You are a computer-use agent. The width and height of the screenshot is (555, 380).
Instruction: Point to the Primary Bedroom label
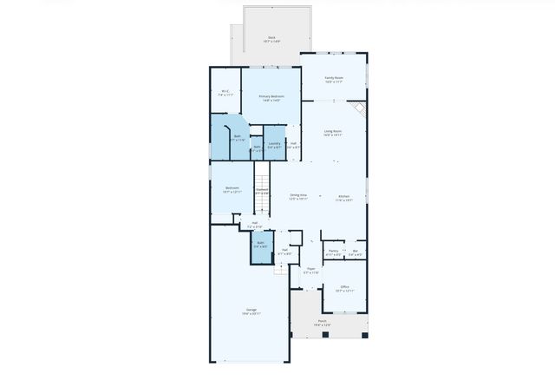tap(271, 97)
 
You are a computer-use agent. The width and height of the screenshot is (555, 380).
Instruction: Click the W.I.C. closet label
tap(225, 92)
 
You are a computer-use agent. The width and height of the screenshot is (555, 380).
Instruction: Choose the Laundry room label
tap(274, 145)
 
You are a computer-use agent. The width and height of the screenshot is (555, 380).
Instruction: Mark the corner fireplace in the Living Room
tap(360, 111)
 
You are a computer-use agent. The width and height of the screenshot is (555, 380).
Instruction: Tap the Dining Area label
tap(298, 197)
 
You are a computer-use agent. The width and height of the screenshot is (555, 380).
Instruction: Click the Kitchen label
tap(344, 197)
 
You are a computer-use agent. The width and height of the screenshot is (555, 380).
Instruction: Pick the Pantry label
tap(333, 252)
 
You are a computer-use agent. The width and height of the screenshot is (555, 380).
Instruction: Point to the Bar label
tap(356, 252)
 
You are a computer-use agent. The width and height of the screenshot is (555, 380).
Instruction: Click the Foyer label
tap(310, 271)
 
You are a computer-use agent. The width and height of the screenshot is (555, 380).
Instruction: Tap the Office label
tap(344, 289)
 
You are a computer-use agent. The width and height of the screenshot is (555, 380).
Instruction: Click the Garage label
tap(251, 311)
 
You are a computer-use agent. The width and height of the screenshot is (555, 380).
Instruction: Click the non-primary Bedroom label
tap(232, 189)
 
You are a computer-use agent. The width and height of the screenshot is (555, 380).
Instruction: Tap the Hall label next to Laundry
tap(293, 145)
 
